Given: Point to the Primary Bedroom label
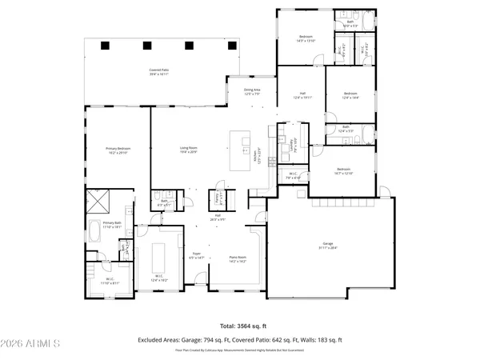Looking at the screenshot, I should pyautogui.click(x=118, y=150).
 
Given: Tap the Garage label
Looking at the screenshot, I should pyautogui.click(x=327, y=244).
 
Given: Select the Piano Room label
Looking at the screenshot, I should pyautogui.click(x=238, y=259).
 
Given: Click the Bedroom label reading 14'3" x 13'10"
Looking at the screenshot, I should pyautogui.click(x=306, y=38).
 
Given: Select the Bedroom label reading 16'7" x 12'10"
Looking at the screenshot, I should pyautogui.click(x=343, y=171).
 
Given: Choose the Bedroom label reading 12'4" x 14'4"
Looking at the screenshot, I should pyautogui.click(x=350, y=95).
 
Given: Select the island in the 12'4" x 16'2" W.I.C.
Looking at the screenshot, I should pyautogui.click(x=158, y=258).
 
